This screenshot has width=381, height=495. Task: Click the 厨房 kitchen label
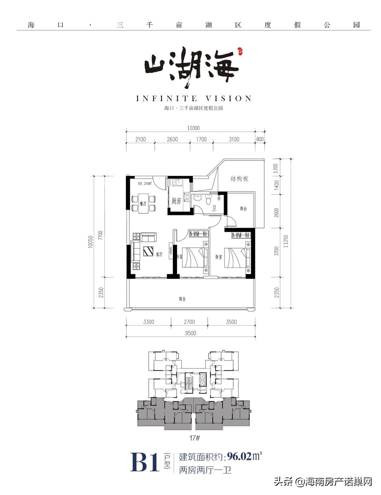click(x=176, y=201)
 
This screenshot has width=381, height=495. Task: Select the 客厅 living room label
click(x=159, y=254)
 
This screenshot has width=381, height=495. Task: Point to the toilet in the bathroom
click(x=208, y=200)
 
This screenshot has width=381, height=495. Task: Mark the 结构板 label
click(x=239, y=179)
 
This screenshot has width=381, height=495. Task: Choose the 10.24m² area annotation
click(x=145, y=183)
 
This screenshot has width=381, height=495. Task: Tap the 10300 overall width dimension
click(x=193, y=128)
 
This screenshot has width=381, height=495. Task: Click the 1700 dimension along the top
click(x=201, y=139)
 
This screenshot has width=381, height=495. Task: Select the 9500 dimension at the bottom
click(x=190, y=333)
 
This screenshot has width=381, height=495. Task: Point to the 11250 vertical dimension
click(x=286, y=241)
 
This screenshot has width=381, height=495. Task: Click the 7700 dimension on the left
click(x=101, y=235)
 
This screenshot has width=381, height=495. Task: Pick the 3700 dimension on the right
click(x=276, y=251)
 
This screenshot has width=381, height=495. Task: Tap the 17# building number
click(x=195, y=438)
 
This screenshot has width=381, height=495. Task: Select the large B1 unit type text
click(x=145, y=463)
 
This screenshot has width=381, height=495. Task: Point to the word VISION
click(x=229, y=99)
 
